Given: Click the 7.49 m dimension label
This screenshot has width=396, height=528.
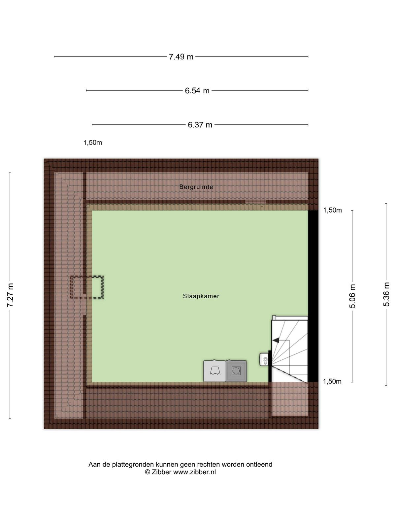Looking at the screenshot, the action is pyautogui.click(x=181, y=57).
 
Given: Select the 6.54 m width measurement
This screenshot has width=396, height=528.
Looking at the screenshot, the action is pyautogui.click(x=197, y=91).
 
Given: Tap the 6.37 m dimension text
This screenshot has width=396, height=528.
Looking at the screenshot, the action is pyautogui.click(x=200, y=125).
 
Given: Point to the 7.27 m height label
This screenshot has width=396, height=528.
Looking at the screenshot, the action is pyautogui.click(x=10, y=295).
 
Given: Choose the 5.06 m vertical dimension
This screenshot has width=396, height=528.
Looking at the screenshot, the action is pyautogui.click(x=352, y=296).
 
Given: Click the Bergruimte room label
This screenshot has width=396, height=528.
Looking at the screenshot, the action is pyautogui.click(x=196, y=187).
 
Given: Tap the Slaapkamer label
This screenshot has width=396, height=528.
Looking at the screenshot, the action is pyautogui.click(x=201, y=296).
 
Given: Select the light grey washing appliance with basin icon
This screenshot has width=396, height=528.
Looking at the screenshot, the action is pyautogui.click(x=214, y=371).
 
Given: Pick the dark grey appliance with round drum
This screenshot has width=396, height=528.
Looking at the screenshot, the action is pyautogui.click(x=236, y=371).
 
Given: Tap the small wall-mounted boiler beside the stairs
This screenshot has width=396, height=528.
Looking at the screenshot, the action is pyautogui.click(x=264, y=359).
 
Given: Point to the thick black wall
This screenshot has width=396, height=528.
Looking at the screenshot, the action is pyautogui.click(x=313, y=296).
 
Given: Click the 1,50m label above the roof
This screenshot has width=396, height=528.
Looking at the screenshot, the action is pyautogui.click(x=93, y=143).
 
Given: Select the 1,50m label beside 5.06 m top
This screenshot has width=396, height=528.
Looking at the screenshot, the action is pyautogui.click(x=332, y=210).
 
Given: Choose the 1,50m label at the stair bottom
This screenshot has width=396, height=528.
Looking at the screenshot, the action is pyautogui.click(x=332, y=381).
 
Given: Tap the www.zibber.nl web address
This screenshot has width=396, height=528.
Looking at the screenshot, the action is pyautogui.click(x=194, y=472).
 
